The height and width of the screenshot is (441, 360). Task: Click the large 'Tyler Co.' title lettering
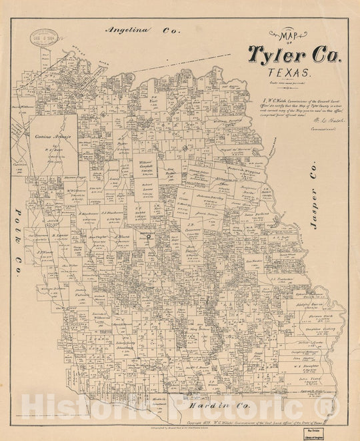click(x=294, y=54)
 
